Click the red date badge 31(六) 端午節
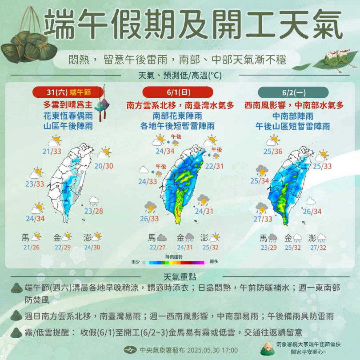[68, 92]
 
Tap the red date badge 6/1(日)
[178, 92]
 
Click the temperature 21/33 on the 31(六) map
[52, 152]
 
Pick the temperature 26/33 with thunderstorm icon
[149, 219]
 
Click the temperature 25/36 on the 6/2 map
[273, 152]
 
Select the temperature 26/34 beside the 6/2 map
[312, 212]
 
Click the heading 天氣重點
[180, 276]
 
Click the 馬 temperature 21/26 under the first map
[30, 247]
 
